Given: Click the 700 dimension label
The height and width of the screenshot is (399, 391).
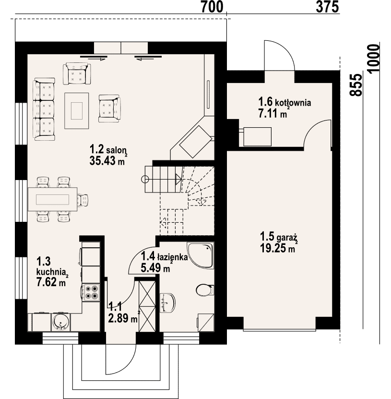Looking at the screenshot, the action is [212, 7].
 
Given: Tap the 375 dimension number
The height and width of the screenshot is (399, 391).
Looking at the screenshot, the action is [328, 7].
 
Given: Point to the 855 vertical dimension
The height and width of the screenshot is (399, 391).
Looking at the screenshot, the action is [356, 85].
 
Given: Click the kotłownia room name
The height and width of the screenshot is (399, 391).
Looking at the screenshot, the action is [292, 103].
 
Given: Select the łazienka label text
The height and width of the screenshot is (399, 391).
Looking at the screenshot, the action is [172, 256].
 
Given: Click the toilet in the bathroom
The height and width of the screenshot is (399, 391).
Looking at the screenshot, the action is [205, 290].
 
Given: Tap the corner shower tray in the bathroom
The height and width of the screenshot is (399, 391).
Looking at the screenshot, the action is [200, 255].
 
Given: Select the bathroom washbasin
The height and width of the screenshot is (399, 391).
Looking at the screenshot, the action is [167, 303].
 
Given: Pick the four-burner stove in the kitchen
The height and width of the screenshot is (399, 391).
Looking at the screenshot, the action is [91, 292].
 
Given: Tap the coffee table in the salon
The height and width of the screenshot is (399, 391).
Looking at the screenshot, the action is [77, 111].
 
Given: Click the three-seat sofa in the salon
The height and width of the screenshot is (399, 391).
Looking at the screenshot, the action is [44, 109].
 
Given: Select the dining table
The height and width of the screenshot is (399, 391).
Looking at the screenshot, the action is [52, 199].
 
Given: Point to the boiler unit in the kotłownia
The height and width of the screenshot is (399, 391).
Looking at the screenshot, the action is [257, 137].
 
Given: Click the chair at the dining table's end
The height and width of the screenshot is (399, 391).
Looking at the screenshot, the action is [83, 199].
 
